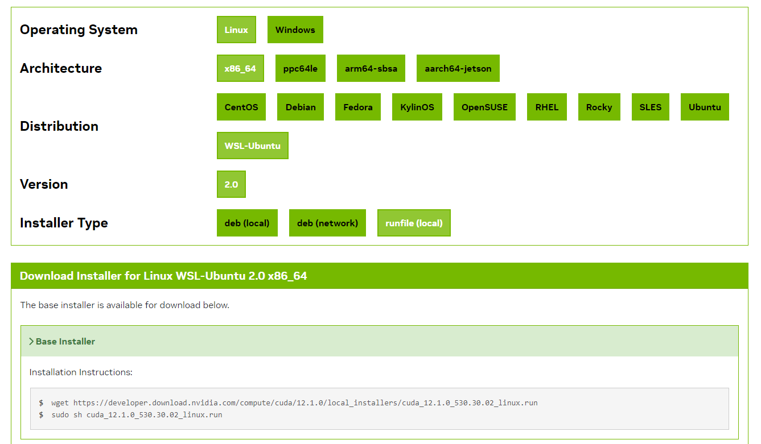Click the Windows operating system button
(x=295, y=30)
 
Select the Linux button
(x=236, y=30)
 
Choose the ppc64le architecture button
(x=301, y=68)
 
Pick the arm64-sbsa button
(x=371, y=68)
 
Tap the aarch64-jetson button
(x=458, y=68)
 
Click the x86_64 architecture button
(x=240, y=68)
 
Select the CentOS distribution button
(x=241, y=107)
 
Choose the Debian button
(x=301, y=107)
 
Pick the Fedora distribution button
(x=358, y=107)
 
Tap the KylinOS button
(x=417, y=107)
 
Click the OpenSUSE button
(x=484, y=107)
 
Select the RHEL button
(x=547, y=107)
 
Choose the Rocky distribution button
(x=599, y=107)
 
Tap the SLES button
(x=651, y=107)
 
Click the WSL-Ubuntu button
(x=252, y=146)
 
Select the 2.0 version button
(x=231, y=184)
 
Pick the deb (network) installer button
(x=327, y=223)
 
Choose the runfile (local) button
(x=414, y=223)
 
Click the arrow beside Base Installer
(x=31, y=342)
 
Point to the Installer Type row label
(x=64, y=223)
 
